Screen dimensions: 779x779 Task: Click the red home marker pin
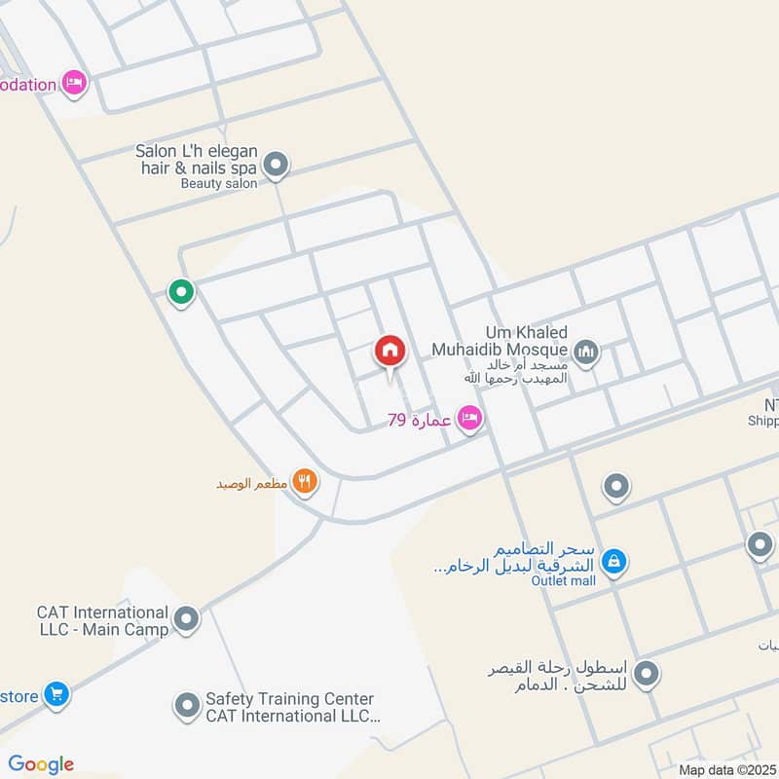(389, 352)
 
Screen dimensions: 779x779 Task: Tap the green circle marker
(180, 290)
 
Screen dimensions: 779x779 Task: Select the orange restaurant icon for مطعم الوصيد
(305, 480)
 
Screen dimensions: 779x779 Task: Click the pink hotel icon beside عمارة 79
(469, 419)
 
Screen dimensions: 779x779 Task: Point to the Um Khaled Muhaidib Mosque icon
(585, 352)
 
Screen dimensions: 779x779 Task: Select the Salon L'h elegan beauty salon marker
(277, 165)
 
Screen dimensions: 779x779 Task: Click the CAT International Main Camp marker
(186, 617)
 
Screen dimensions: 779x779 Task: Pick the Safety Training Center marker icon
(186, 706)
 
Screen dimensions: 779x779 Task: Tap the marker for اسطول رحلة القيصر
(646, 672)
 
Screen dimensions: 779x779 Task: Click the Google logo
(41, 764)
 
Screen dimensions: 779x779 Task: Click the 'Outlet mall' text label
(563, 580)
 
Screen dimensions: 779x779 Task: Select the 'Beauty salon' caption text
(219, 183)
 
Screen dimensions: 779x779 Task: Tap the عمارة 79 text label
(419, 420)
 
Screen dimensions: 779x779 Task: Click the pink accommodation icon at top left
(73, 83)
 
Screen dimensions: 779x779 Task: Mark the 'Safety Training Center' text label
(289, 699)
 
